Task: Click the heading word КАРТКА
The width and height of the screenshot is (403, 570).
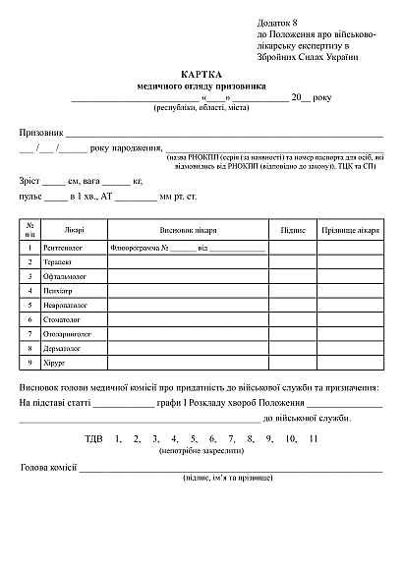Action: tap(201, 74)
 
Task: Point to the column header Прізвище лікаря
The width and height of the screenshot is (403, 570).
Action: tap(350, 230)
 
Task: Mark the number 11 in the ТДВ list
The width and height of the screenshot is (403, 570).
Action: tap(314, 438)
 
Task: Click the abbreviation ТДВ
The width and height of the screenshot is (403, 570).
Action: tap(94, 438)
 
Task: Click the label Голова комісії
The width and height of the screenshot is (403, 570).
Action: tap(48, 467)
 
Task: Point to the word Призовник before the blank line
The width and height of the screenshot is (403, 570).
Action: tap(41, 132)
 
